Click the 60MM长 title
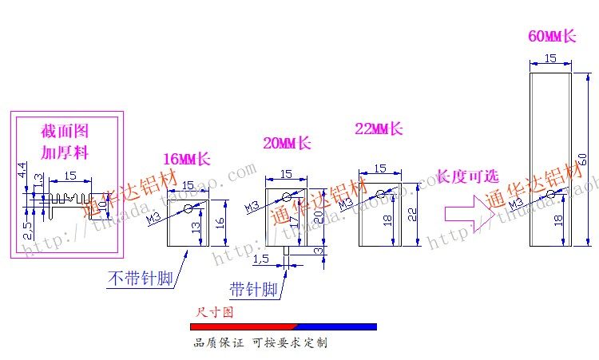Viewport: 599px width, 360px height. (x=552, y=36)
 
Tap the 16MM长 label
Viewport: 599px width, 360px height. (x=187, y=159)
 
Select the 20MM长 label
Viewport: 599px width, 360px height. (x=287, y=144)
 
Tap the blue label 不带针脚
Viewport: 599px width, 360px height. (x=141, y=279)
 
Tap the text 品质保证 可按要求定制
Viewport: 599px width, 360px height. (x=260, y=343)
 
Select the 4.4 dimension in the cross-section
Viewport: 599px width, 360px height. (x=22, y=169)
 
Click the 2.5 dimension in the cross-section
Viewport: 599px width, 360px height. (x=27, y=228)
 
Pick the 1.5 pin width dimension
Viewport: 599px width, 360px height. (x=260, y=259)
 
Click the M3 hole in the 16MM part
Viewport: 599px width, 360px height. (x=188, y=209)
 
